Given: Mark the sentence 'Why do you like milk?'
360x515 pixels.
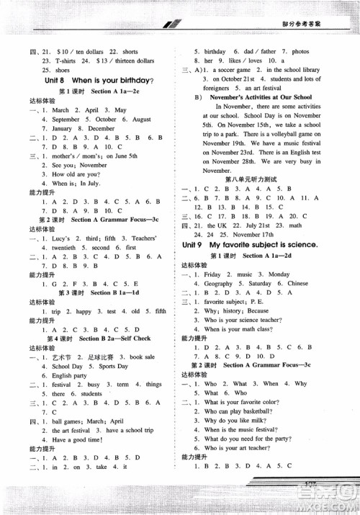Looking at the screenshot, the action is coord(235,420).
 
